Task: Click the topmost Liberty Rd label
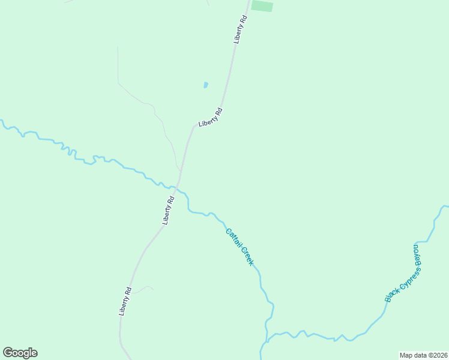coord(241,29)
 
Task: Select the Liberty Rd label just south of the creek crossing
coord(168,210)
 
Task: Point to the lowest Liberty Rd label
coord(125,302)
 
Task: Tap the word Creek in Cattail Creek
coord(248,256)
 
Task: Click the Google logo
coord(20,353)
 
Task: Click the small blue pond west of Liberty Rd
coord(205,85)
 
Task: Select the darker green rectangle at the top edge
coord(262,6)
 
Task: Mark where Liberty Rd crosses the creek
coord(178,188)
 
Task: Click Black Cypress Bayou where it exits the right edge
coord(446,206)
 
